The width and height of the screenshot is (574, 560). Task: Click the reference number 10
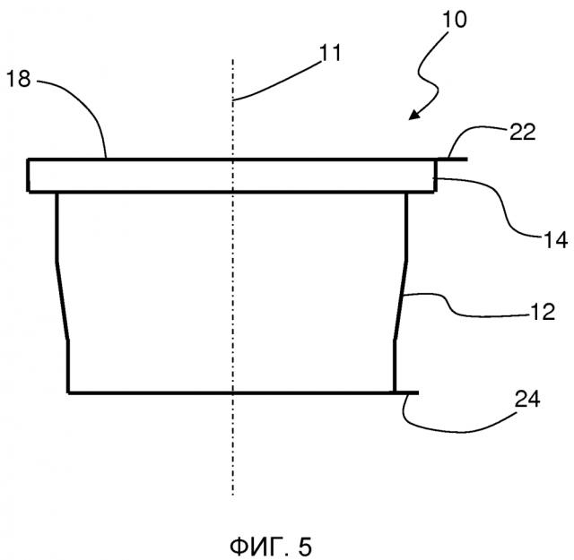[x=455, y=20]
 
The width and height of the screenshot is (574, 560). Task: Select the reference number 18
[x=19, y=79]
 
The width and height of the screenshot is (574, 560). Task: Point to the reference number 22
[x=523, y=132]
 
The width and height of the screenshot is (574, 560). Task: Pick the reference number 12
[x=543, y=312]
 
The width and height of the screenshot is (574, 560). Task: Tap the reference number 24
[x=527, y=399]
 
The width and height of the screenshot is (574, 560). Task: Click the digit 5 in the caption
[x=305, y=547]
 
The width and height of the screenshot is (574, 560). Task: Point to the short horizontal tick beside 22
[x=452, y=159]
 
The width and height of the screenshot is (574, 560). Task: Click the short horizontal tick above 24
[x=406, y=392]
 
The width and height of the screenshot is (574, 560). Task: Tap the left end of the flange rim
[x=28, y=176]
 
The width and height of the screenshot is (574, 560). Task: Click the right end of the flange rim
[x=435, y=176]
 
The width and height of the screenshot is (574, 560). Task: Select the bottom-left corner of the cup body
[x=68, y=392]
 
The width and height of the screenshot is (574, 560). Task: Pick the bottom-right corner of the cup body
[x=395, y=392]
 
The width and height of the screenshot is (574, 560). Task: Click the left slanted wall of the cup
[x=62, y=300]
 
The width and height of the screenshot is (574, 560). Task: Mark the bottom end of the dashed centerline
[x=233, y=495]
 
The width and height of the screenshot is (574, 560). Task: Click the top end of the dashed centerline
[x=233, y=59]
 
